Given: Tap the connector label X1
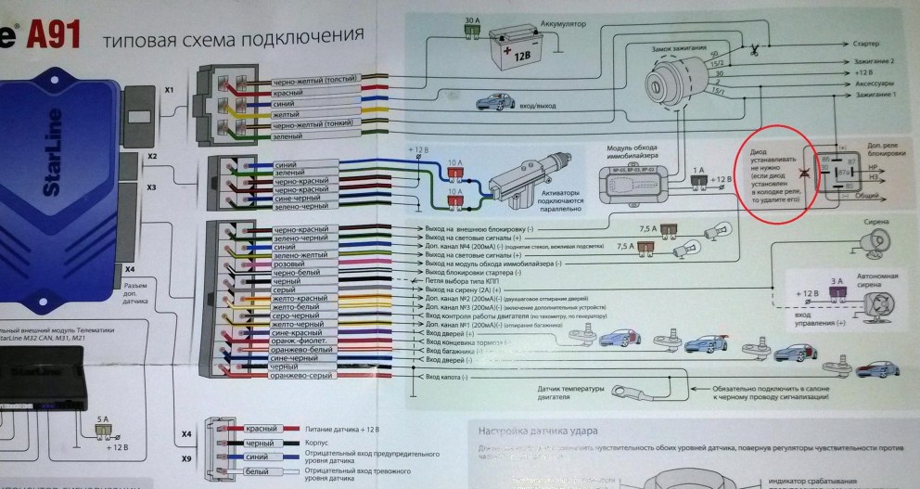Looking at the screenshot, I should tap(169, 91).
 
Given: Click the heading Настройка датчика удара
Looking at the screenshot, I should tap(536, 430).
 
